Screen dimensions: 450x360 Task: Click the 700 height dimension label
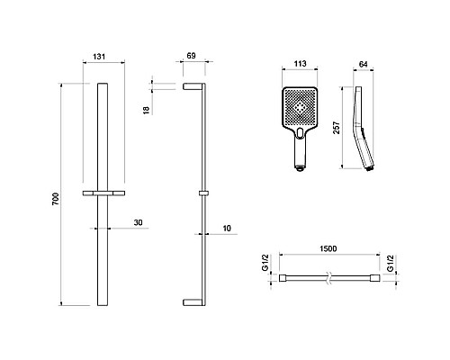coord(56,199)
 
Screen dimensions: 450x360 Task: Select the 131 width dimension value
coord(99,57)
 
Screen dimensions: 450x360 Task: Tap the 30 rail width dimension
coord(138,222)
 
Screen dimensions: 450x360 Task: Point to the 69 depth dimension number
coord(191,56)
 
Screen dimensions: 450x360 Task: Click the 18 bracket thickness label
coord(146,110)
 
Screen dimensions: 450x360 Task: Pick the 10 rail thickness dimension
coord(227,229)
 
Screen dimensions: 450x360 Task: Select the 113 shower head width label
coord(300,64)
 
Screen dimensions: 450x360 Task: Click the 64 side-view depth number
coord(363,64)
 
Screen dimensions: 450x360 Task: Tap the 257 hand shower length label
coord(337,128)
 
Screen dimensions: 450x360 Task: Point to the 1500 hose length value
coord(328,248)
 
